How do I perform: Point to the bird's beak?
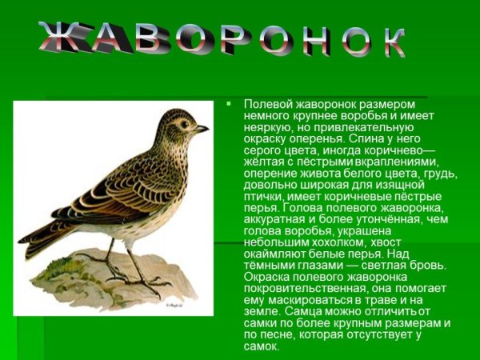[x=202, y=128]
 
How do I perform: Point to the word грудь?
[x=440, y=173]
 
